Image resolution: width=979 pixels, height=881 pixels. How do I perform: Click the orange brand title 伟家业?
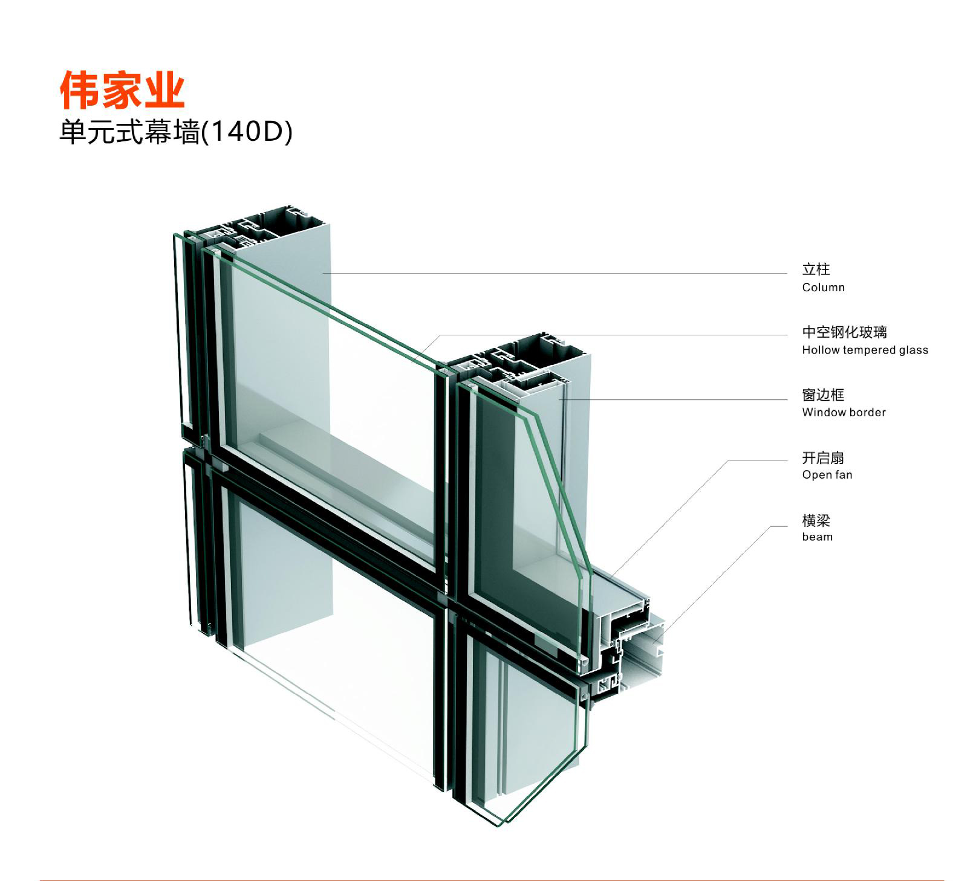tap(122, 89)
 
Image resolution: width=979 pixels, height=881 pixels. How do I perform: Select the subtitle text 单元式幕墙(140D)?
tap(175, 132)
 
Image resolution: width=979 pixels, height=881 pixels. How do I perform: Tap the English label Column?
tap(823, 288)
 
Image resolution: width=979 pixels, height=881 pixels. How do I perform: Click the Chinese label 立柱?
tap(816, 269)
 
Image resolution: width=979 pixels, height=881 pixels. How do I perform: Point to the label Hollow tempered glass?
tap(865, 350)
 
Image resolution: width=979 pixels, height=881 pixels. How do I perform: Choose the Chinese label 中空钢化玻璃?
tap(844, 332)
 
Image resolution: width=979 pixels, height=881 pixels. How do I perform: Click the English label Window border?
tap(844, 412)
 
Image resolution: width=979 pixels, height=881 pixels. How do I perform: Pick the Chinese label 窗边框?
tap(823, 395)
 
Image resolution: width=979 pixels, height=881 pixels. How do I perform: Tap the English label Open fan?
tap(827, 475)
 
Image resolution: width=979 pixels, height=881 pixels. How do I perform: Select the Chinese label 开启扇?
tap(823, 457)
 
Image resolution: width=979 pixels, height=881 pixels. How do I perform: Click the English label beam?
tap(817, 537)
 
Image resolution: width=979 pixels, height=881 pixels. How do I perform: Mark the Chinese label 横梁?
tap(816, 520)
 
